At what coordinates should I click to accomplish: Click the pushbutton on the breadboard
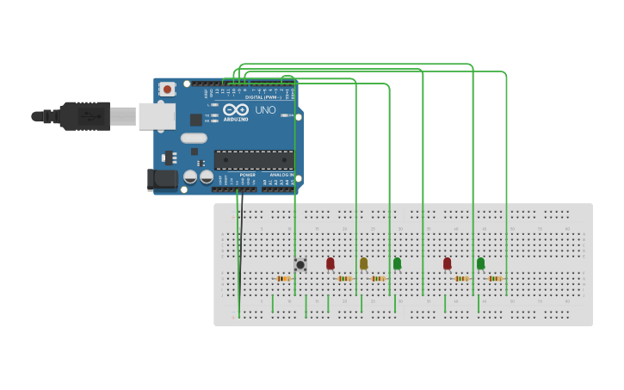(x=300, y=264)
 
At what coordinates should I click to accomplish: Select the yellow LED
(x=363, y=263)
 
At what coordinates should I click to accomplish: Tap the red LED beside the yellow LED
(x=330, y=263)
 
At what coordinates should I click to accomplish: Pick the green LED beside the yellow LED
(x=397, y=263)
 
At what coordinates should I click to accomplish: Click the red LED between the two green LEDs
(x=447, y=263)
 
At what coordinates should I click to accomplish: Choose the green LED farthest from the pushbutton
(x=480, y=263)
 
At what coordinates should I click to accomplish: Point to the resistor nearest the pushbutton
(x=283, y=278)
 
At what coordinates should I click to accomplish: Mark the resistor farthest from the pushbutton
(x=494, y=278)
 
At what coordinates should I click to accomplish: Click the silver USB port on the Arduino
(x=158, y=116)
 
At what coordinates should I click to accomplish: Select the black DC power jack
(x=162, y=179)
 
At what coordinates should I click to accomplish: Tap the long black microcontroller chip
(x=254, y=159)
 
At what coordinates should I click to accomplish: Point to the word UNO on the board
(x=265, y=110)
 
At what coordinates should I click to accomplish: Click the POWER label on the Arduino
(x=247, y=175)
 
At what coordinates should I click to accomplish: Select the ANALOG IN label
(x=281, y=175)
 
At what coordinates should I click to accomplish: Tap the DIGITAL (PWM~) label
(x=261, y=97)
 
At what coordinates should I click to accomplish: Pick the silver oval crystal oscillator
(x=194, y=138)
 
